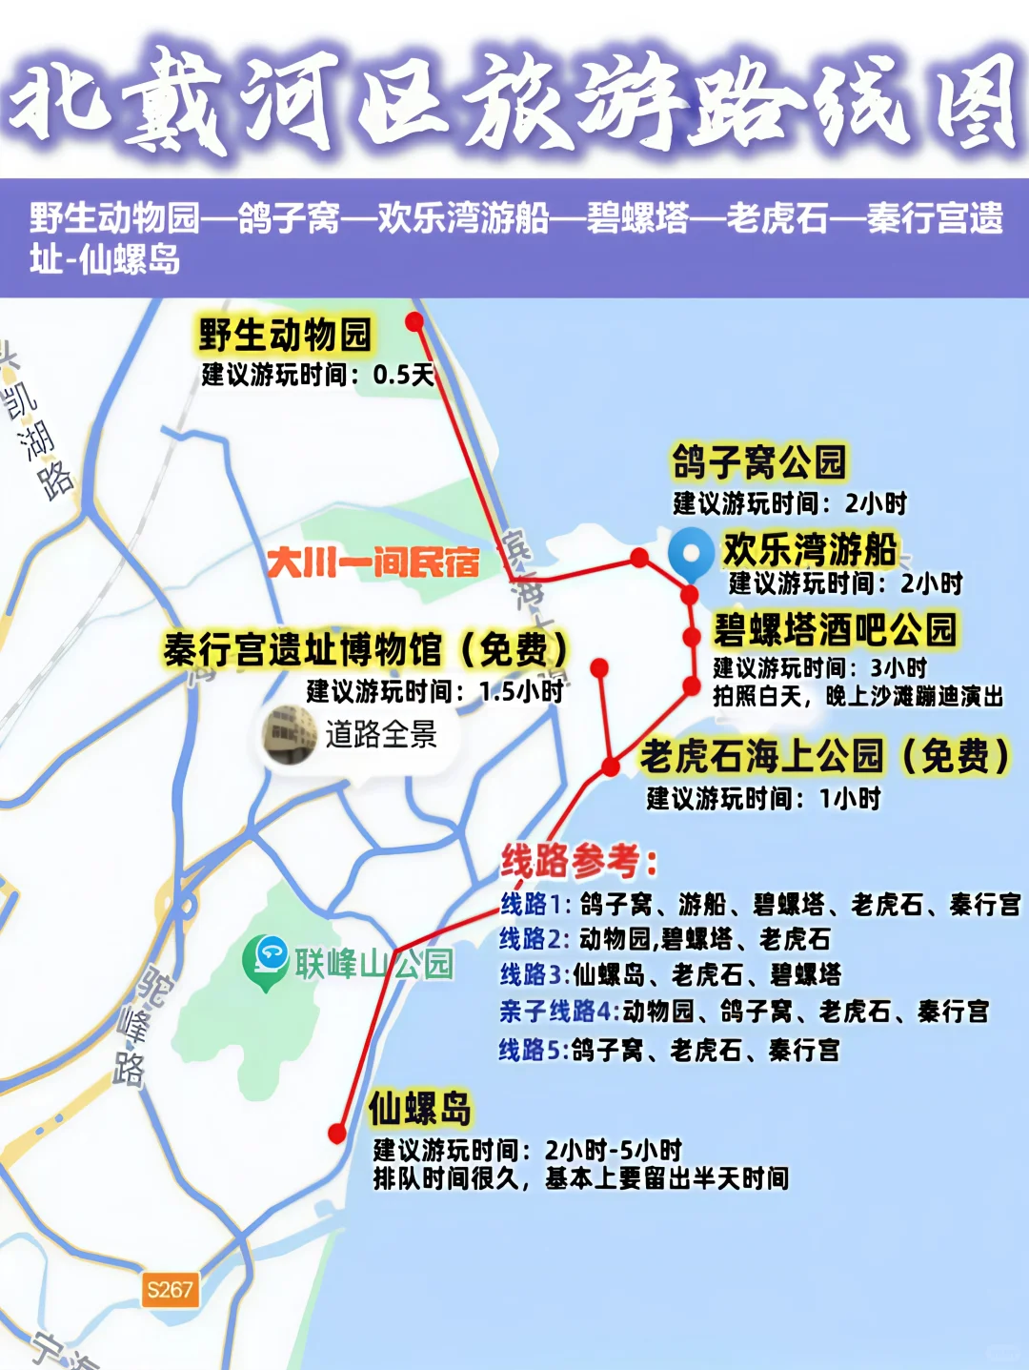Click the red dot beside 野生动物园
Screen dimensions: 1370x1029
[414, 322]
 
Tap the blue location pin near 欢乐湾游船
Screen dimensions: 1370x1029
[691, 553]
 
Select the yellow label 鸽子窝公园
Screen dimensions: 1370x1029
[758, 462]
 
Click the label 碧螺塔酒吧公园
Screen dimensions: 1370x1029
[835, 630]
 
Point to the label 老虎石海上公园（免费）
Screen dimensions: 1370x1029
[824, 756]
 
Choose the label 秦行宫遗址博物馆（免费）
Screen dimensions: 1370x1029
[366, 650]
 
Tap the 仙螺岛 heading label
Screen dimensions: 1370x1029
[420, 1110]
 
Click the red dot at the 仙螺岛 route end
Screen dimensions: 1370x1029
[337, 1133]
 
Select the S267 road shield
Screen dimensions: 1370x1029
[170, 1290]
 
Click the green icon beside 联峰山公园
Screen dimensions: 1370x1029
[266, 960]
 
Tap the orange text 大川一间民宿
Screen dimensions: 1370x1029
[373, 562]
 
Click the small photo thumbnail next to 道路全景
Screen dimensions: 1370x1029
[290, 734]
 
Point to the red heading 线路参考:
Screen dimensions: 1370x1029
[579, 861]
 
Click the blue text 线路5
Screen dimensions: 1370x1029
[533, 1050]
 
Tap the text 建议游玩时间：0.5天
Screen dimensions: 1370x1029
[317, 375]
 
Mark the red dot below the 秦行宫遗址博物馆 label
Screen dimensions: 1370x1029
[599, 668]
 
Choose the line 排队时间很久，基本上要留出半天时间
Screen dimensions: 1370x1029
[580, 1179]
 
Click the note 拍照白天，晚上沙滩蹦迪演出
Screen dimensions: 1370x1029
[857, 697]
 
